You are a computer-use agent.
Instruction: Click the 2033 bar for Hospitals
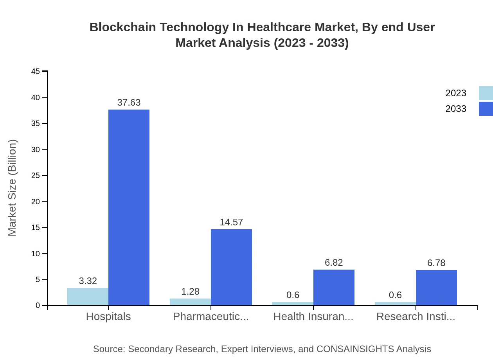(129, 207)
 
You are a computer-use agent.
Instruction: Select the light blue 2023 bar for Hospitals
(88, 297)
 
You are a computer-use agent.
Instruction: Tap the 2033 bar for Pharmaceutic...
(231, 267)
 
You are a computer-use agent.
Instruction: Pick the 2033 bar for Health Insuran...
(334, 288)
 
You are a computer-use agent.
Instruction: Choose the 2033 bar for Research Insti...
(436, 288)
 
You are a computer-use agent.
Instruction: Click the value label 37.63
(129, 103)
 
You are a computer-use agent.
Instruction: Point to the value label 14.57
(231, 222)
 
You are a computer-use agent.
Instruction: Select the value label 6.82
(334, 263)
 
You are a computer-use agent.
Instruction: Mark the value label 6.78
(436, 263)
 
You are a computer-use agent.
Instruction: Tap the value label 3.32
(88, 281)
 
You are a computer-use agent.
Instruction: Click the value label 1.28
(190, 292)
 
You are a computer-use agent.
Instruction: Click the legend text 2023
(456, 93)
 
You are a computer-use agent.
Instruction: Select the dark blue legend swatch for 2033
(486, 109)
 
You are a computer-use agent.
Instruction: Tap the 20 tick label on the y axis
(36, 202)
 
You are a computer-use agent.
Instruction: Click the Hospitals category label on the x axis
(108, 317)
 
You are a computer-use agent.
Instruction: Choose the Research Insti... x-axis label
(416, 317)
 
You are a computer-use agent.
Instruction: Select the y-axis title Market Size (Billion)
(12, 188)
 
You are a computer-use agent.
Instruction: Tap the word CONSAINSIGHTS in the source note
(355, 349)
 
